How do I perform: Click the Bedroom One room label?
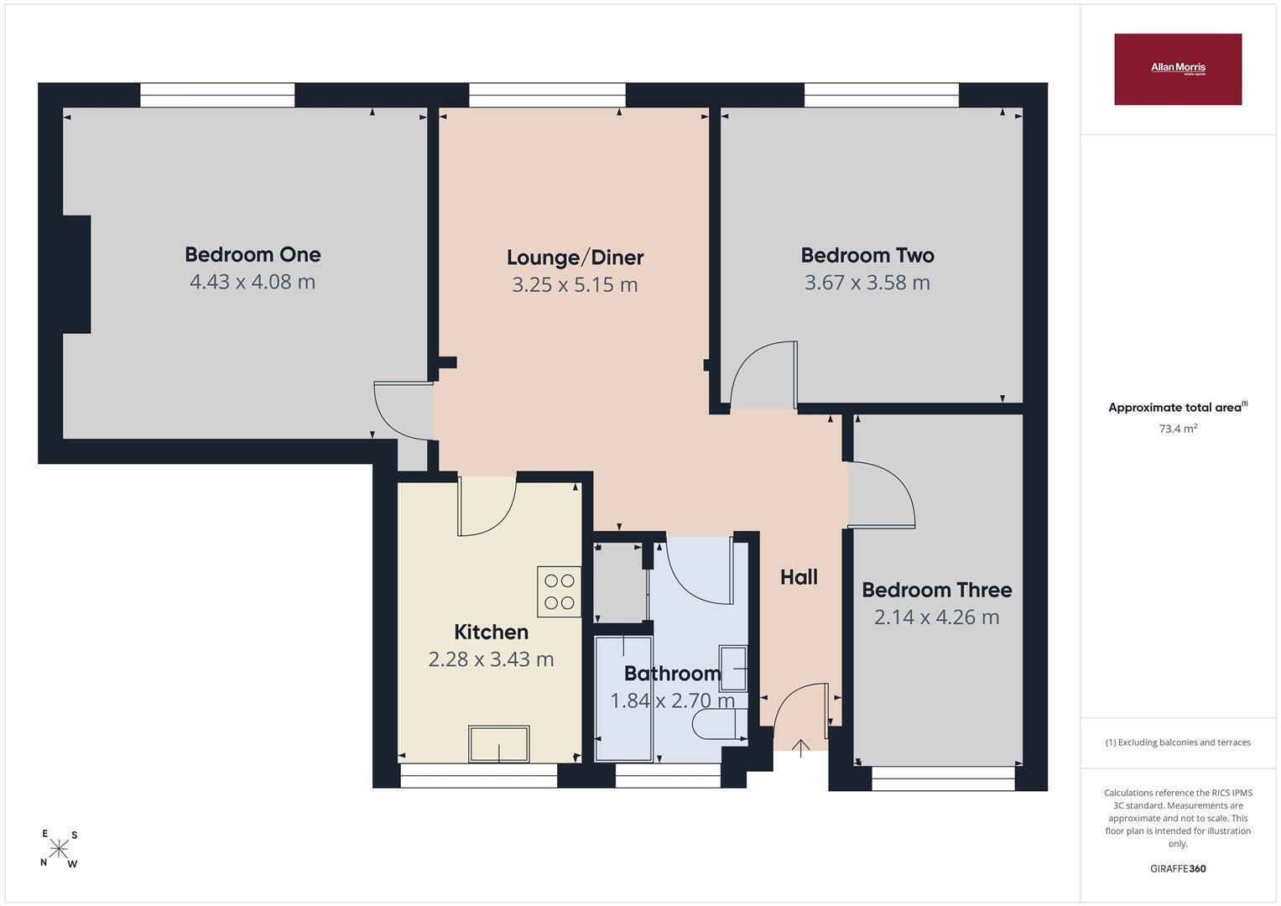(253, 254)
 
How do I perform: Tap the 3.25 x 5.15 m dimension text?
(575, 284)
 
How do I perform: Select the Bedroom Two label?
(867, 255)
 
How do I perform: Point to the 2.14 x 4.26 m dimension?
(937, 617)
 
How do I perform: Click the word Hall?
(799, 577)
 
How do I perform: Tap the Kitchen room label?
(491, 632)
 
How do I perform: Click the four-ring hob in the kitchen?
(559, 591)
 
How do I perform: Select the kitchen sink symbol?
(498, 743)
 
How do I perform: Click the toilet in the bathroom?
(720, 724)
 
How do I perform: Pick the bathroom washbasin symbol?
(733, 668)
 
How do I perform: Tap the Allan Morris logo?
(1178, 69)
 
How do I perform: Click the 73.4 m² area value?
(1178, 428)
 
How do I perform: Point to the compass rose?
(59, 849)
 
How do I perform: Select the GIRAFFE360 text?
(1178, 868)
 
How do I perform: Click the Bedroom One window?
(217, 95)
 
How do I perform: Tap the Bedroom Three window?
(943, 778)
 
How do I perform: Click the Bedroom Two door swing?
(763, 375)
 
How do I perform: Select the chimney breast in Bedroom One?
(76, 274)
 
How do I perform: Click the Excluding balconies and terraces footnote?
(1178, 742)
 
